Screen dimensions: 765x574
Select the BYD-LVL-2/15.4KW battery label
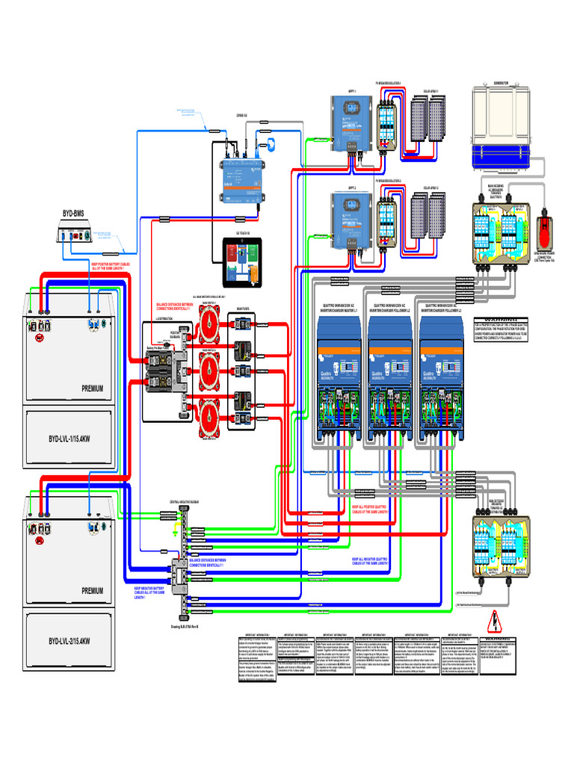tap(70, 640)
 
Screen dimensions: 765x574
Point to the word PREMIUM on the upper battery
tap(92, 388)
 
